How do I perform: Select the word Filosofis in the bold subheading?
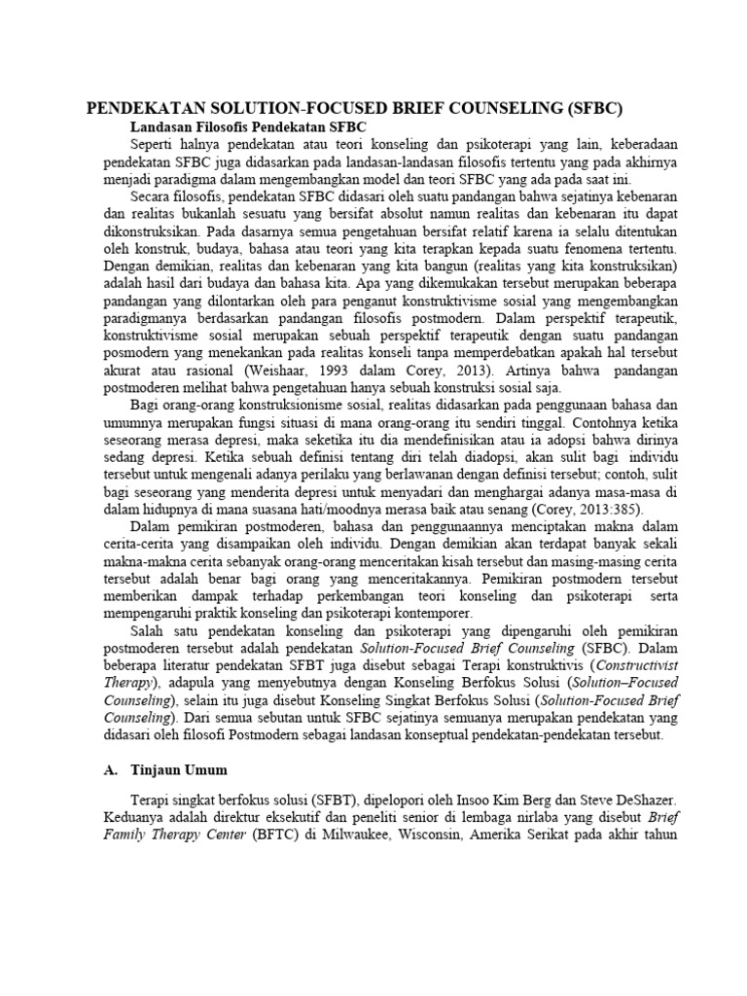coord(224,126)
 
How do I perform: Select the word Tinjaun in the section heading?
coord(156,769)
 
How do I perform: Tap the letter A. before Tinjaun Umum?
coord(110,769)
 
